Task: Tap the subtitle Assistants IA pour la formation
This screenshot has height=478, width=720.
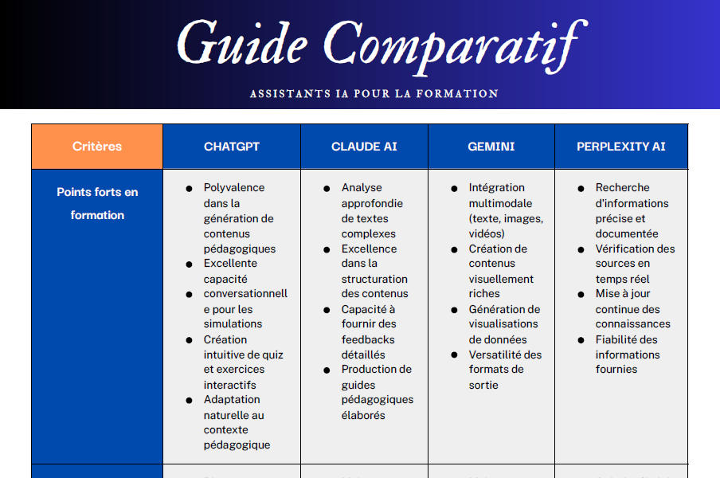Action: click(374, 93)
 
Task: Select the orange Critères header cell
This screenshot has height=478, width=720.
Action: click(97, 147)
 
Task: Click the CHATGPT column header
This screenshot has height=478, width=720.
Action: click(232, 147)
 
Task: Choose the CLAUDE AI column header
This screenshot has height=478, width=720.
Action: click(364, 147)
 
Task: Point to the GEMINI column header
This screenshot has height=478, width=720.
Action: click(491, 147)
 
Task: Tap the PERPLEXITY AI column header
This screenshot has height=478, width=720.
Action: click(621, 147)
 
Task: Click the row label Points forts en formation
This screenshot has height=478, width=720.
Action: click(97, 203)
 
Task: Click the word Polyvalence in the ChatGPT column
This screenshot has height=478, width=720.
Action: click(234, 188)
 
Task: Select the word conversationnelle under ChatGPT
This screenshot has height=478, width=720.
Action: click(245, 294)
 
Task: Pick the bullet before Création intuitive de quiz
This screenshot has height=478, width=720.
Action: click(190, 340)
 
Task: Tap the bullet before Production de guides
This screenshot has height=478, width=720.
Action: click(327, 370)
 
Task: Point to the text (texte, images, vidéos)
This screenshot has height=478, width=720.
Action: click(506, 226)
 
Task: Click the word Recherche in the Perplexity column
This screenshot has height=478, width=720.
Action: click(623, 188)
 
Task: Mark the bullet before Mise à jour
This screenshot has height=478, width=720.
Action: click(581, 294)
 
